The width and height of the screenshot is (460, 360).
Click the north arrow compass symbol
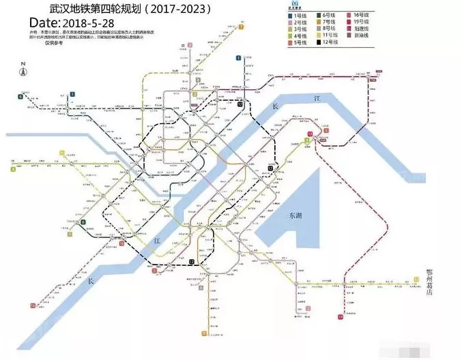coord(23,70)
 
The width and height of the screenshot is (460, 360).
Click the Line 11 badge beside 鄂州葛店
coord(415,280)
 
